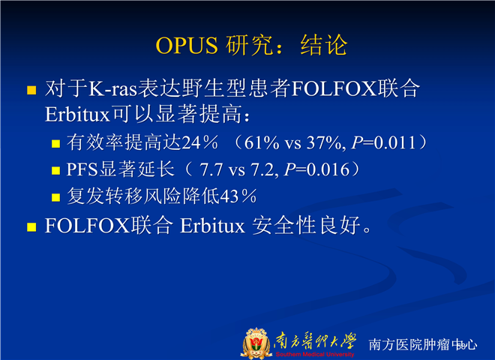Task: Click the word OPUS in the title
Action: click(187, 46)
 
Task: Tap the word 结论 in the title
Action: click(324, 45)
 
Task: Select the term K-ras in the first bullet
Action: click(112, 88)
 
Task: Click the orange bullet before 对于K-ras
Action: click(31, 90)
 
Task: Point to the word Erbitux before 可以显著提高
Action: click(77, 114)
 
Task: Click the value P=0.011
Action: click(383, 142)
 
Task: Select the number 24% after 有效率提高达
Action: click(199, 142)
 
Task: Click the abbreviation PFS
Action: click(82, 169)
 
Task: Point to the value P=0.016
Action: click(316, 169)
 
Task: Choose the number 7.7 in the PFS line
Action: click(211, 169)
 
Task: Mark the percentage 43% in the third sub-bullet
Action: click(238, 196)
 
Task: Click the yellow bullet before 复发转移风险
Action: click(56, 198)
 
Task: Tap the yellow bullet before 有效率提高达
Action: click(56, 144)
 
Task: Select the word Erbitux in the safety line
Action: click(212, 226)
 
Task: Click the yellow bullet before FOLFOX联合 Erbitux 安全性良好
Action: click(31, 227)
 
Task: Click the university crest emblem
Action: click(256, 343)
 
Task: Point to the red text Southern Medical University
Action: click(315, 354)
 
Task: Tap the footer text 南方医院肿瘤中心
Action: click(423, 344)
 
